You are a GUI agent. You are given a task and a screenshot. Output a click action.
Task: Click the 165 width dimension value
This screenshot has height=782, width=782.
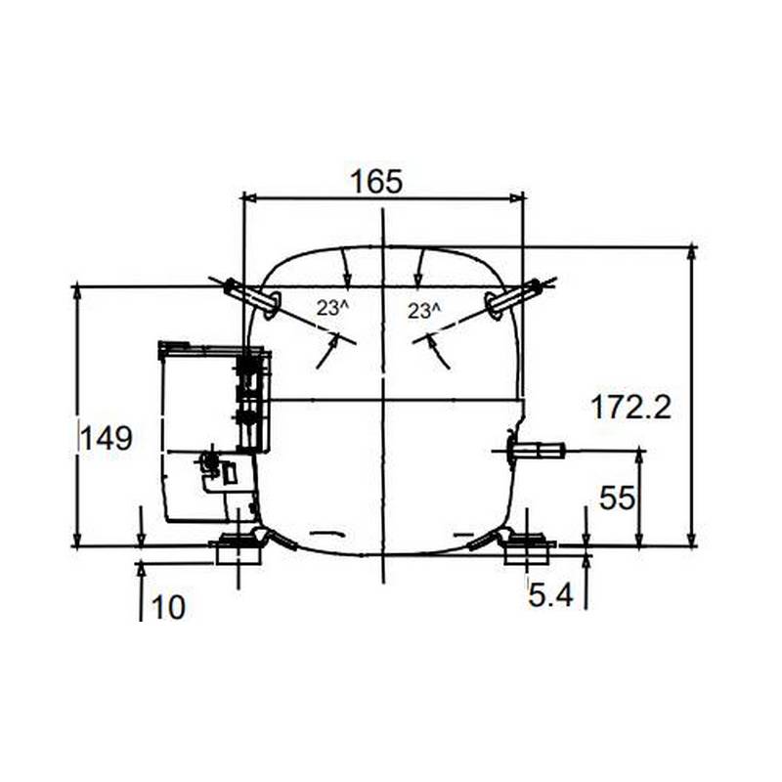coord(376,181)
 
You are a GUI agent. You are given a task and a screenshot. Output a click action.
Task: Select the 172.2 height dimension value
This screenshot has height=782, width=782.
coord(630,407)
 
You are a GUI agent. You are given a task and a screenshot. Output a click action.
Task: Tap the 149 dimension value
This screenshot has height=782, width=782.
coord(106,438)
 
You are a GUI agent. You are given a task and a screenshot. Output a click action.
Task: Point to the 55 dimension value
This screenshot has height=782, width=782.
coord(617,498)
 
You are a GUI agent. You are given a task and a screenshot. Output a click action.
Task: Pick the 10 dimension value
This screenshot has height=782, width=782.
coord(168,607)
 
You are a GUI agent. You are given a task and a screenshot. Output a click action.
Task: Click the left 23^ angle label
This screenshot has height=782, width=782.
coord(331,308)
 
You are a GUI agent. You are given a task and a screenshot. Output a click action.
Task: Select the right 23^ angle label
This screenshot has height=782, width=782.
coord(423,311)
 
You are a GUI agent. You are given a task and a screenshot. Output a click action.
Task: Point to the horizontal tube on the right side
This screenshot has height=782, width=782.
coord(537,451)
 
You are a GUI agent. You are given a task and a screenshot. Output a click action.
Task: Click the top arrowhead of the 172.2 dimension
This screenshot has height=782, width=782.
coord(692,253)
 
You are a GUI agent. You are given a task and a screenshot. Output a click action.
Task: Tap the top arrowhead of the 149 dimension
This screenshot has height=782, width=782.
coord(76,292)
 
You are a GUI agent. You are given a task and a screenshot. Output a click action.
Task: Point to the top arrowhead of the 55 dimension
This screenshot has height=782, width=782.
coord(639,456)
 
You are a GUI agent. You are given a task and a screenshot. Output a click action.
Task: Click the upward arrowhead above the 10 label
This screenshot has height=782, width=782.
coord(142,568)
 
